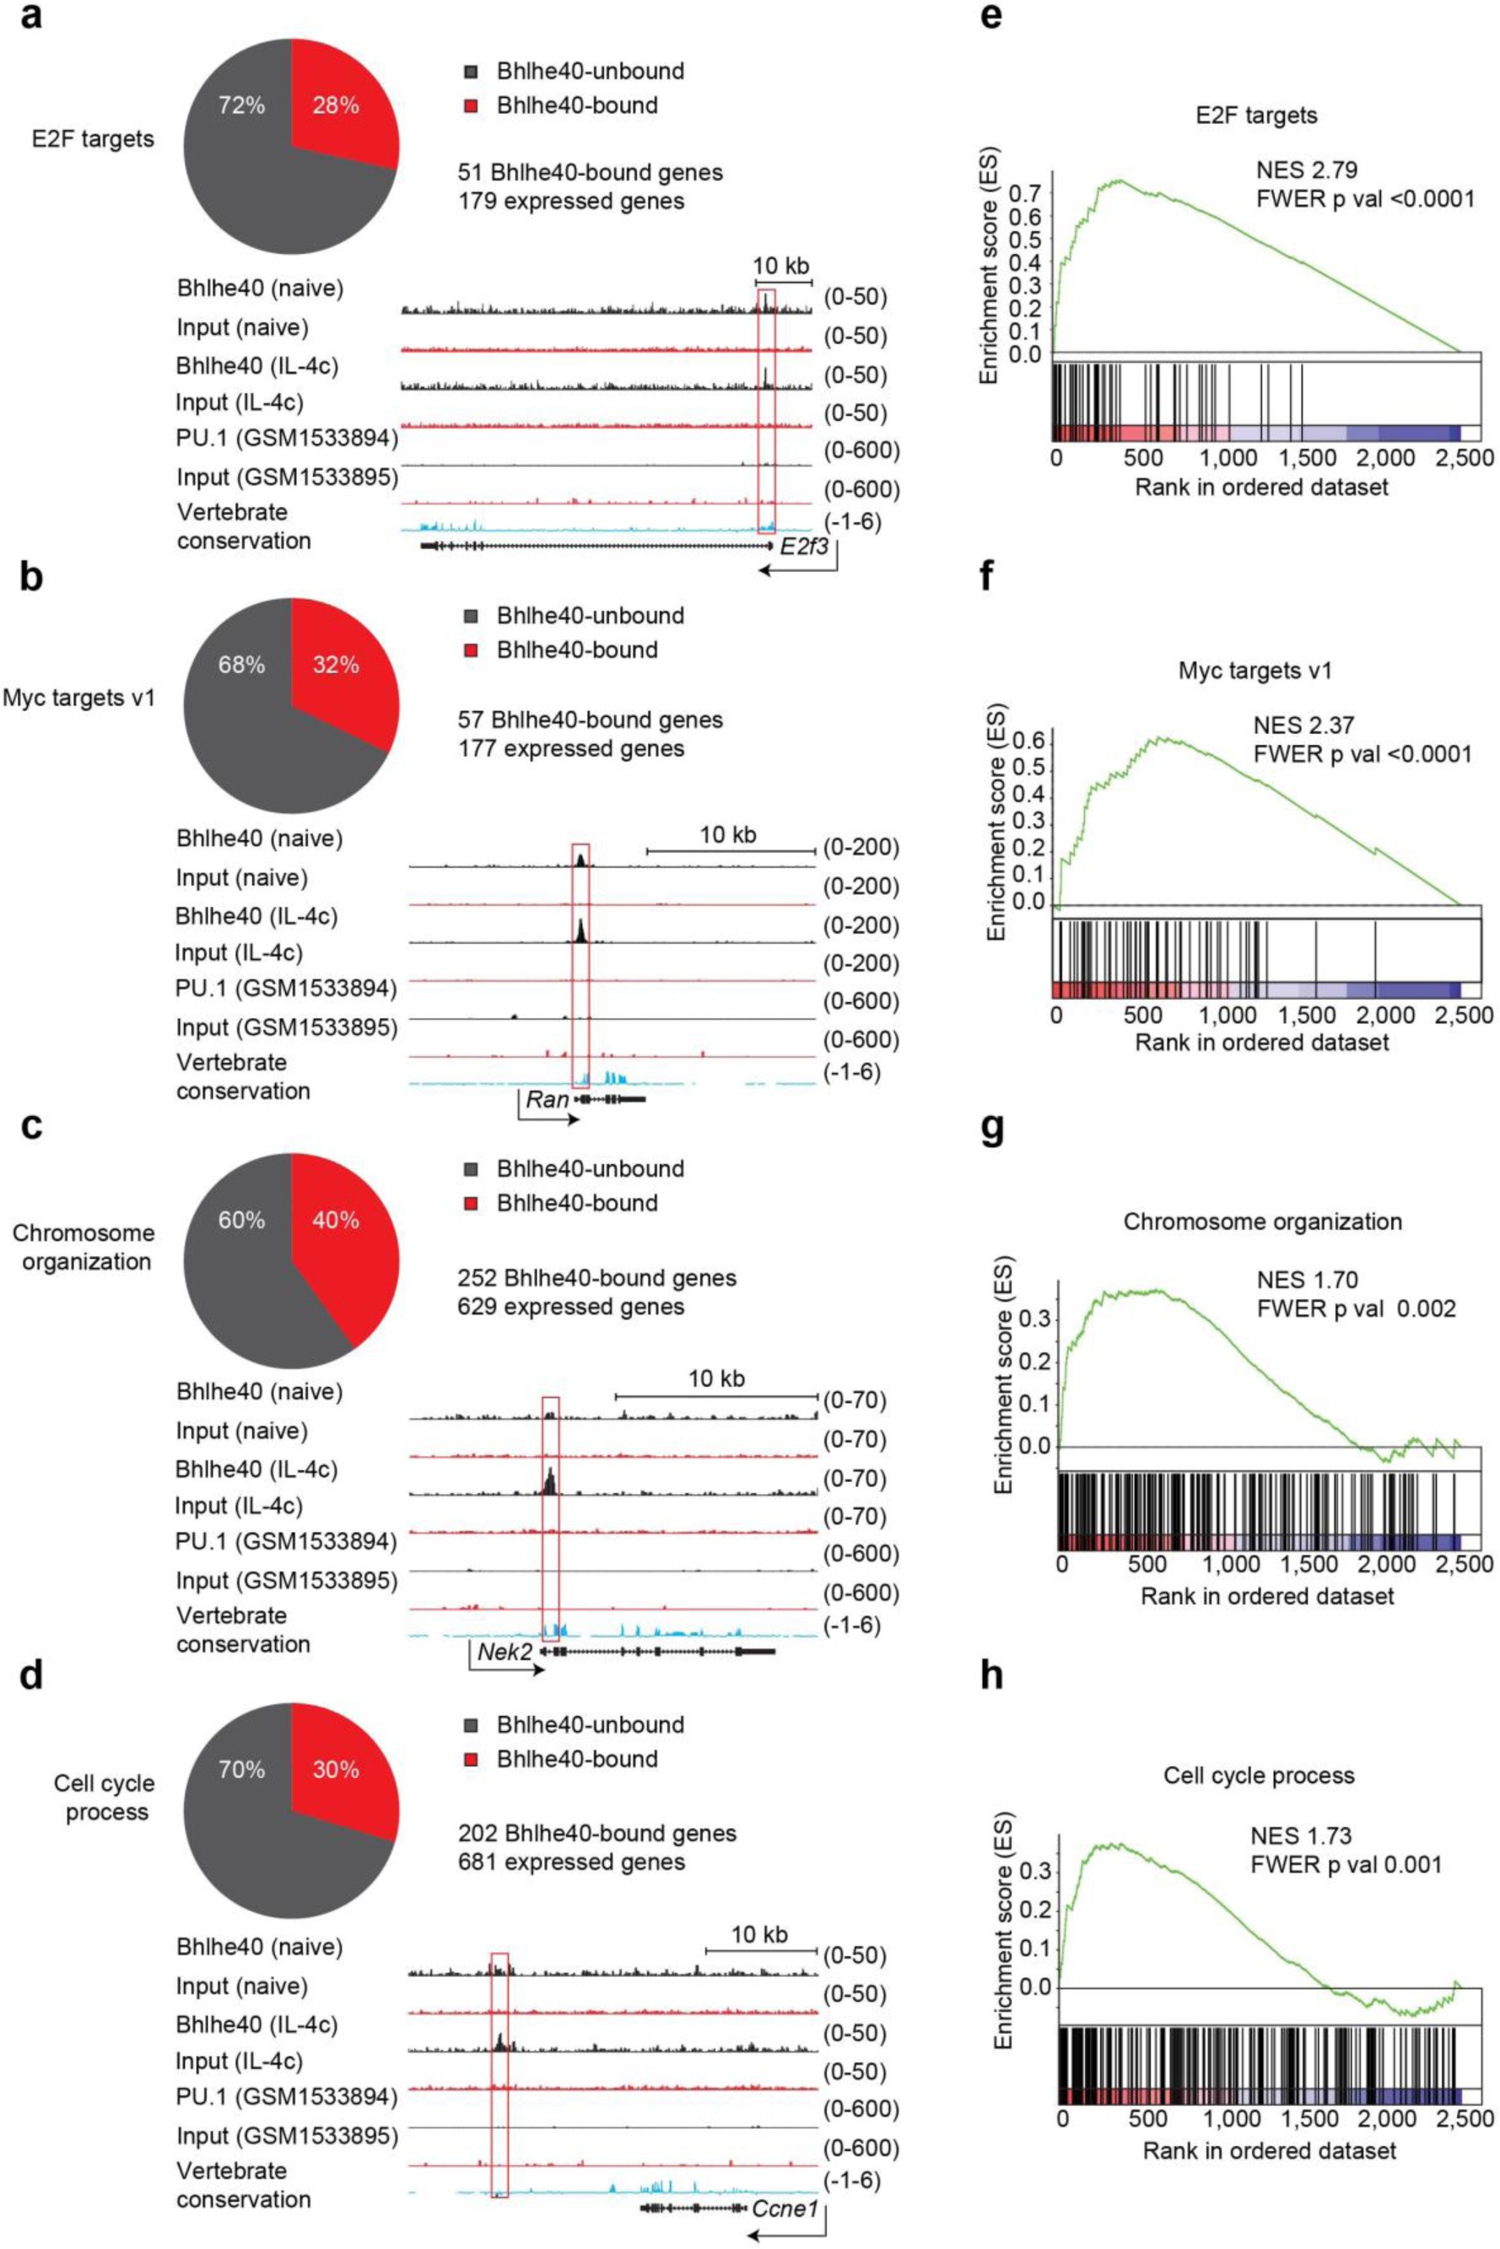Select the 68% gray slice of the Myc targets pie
[x=241, y=663]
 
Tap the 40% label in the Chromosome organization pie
[x=336, y=1220]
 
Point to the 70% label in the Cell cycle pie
[x=241, y=1769]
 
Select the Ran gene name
[x=548, y=1099]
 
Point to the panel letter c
[x=30, y=1127]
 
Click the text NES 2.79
[x=1307, y=170]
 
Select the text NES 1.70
[x=1307, y=1279]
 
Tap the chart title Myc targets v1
[x=1256, y=671]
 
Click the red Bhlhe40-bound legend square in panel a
[x=469, y=105]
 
